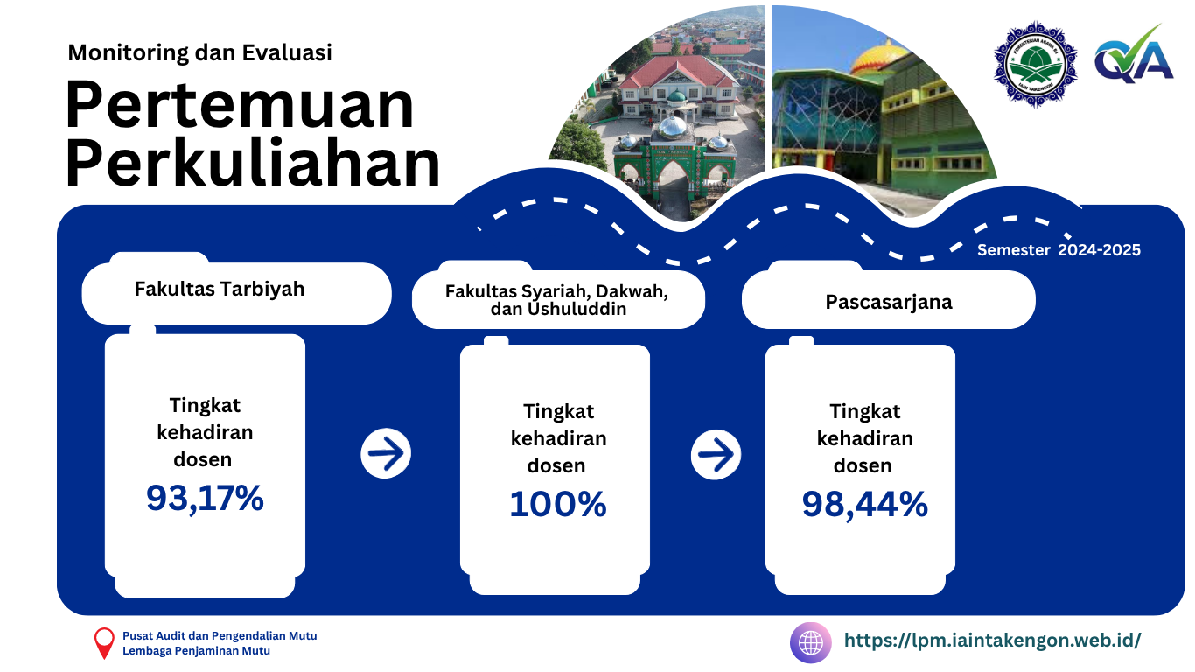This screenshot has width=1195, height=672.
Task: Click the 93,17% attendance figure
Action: coord(205,498)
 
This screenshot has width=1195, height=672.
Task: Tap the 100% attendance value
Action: coord(557,504)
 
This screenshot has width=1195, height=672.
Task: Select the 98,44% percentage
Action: coord(864,504)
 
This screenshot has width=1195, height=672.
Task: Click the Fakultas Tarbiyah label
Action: coord(220,289)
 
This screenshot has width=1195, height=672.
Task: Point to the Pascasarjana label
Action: coord(889,303)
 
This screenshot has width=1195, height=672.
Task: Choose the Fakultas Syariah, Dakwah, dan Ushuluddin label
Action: coord(556,300)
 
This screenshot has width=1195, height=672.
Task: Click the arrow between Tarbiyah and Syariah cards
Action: coord(386,453)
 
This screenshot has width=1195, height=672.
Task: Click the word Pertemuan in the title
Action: coord(240,105)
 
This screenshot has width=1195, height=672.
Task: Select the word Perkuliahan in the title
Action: coord(253,163)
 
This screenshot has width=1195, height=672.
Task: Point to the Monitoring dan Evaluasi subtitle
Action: coord(199,52)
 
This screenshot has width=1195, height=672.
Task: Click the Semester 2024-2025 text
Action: coord(1059,250)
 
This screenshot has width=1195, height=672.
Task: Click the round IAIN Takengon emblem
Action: coord(1035,64)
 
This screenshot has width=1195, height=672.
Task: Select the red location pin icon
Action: coord(104,642)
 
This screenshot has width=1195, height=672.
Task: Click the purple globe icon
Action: coord(811,643)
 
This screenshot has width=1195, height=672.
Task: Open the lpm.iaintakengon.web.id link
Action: coord(992,640)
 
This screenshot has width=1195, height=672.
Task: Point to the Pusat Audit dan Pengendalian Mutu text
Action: coord(220,635)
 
